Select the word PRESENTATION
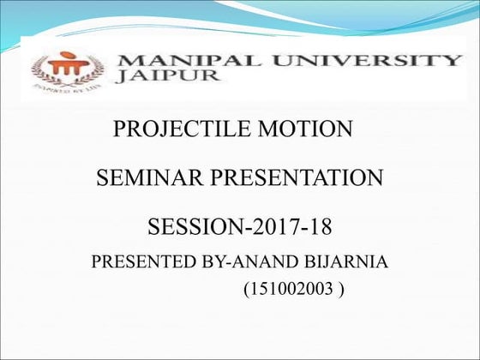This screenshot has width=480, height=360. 291,179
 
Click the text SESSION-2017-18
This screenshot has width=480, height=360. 240,228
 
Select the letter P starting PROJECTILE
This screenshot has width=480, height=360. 120,130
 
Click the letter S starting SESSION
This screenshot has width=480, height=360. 155,228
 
